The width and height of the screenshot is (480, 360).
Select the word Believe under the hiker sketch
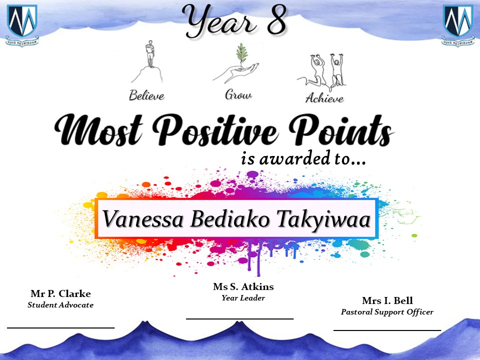[x=146, y=95]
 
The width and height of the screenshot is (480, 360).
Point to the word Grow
[x=238, y=94]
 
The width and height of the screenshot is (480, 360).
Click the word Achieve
[x=324, y=98]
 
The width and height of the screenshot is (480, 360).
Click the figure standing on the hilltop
[x=149, y=53]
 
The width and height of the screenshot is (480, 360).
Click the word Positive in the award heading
[x=216, y=130]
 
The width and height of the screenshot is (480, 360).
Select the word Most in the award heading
[x=98, y=129]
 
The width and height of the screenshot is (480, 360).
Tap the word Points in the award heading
[x=340, y=130]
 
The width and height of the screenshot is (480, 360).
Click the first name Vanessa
[x=142, y=219]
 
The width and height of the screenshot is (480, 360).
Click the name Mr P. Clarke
[x=60, y=293]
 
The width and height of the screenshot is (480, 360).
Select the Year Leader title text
[x=243, y=298]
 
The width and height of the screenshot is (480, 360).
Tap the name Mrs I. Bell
[x=387, y=300]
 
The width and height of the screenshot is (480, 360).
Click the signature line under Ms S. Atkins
[x=239, y=318]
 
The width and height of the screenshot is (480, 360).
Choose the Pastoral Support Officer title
[x=387, y=312]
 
